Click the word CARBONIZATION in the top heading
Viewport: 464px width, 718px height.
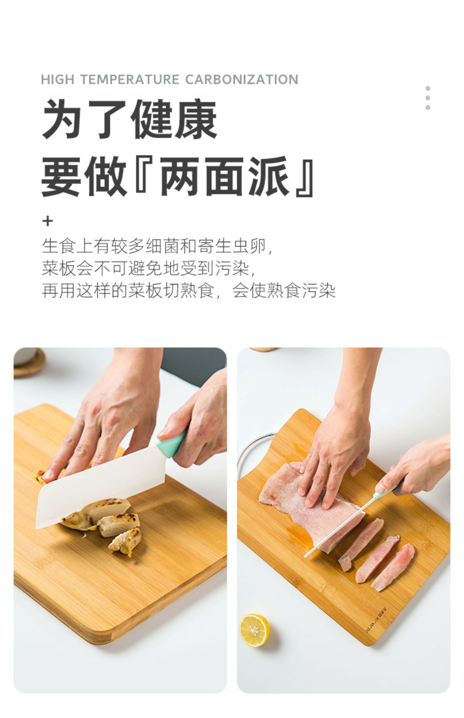[x=242, y=79]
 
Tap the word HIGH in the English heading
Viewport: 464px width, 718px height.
[x=58, y=79]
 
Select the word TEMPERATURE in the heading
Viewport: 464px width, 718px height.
[x=130, y=79]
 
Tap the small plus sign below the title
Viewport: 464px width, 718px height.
[x=48, y=221]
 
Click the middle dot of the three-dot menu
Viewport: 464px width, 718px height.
[x=428, y=98]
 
